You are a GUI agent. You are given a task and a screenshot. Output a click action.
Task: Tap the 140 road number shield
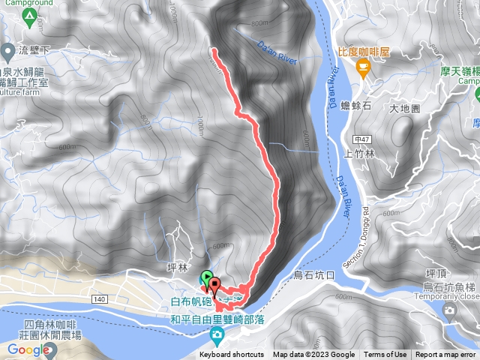[78, 298]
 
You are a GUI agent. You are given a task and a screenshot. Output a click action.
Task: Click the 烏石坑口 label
[314, 275]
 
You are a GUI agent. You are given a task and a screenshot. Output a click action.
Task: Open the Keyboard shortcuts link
[232, 355]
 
